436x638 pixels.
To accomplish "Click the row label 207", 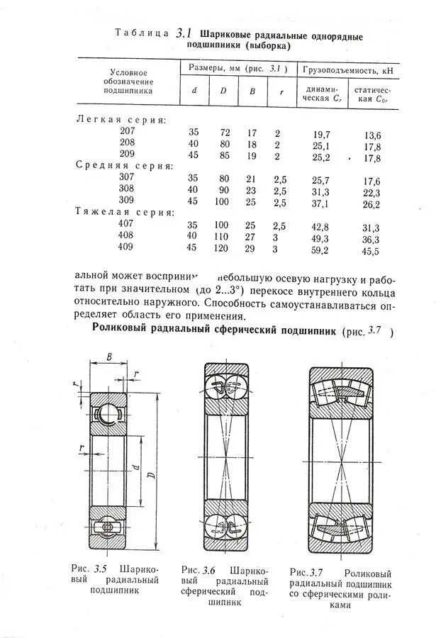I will click(x=127, y=131).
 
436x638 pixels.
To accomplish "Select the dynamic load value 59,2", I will click(x=320, y=250).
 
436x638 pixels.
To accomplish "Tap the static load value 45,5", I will click(x=371, y=251).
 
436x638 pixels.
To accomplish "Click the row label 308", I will click(x=127, y=189).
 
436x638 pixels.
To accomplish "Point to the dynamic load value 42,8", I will click(x=320, y=227).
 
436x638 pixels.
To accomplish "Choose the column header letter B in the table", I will click(x=252, y=90).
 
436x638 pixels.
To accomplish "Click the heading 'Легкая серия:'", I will click(x=121, y=120).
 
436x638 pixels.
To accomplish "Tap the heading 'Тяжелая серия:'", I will click(x=124, y=212).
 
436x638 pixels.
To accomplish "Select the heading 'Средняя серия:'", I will click(x=124, y=165).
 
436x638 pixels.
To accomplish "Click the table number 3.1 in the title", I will click(x=184, y=32).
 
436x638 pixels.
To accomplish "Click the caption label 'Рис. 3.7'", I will click(x=307, y=572).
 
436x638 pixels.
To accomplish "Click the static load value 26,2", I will click(x=371, y=204).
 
